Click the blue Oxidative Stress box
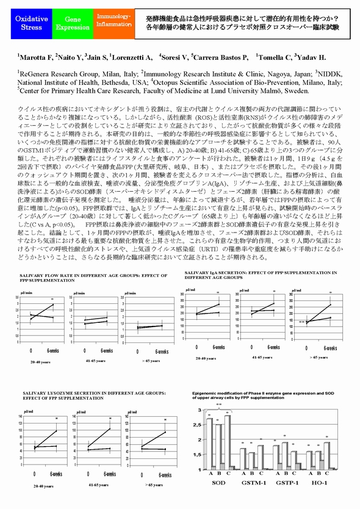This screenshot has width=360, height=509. click(x=29, y=23)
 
